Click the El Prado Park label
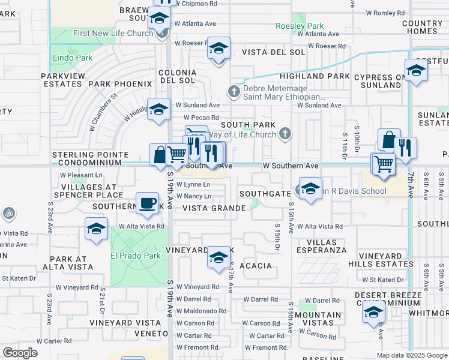135,256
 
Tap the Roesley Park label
300,26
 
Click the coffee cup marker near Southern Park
147,203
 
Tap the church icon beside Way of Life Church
286,134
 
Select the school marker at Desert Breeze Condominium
373,312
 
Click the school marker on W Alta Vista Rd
96,230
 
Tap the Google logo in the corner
20,353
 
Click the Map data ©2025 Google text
412,355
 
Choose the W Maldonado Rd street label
201,311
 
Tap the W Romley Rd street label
385,13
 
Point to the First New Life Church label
113,33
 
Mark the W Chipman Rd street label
197,3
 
